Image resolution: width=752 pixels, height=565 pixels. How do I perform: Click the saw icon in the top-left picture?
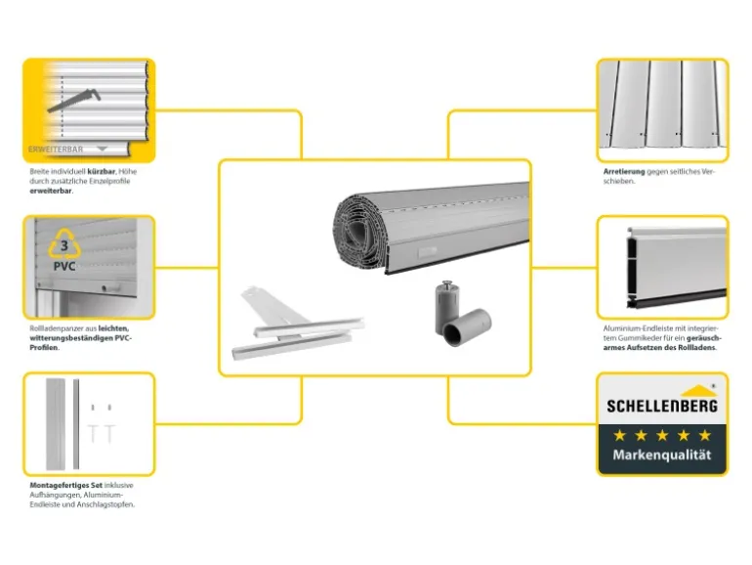pos(74,100)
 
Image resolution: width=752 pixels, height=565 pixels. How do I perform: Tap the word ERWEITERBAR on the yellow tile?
pos(56,150)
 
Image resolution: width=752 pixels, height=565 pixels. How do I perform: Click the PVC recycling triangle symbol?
pos(64,243)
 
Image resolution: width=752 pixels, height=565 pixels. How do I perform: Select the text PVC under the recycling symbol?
pos(64,266)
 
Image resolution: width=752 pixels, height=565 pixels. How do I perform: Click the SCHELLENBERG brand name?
pos(662,406)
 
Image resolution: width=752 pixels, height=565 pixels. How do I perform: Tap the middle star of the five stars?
pos(662,435)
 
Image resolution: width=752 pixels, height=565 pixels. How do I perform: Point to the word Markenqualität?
pos(662,455)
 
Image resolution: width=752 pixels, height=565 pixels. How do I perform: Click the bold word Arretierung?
pos(624,171)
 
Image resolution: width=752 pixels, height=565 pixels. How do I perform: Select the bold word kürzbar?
pos(102,171)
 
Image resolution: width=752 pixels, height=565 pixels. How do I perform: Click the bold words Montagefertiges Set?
pos(66,485)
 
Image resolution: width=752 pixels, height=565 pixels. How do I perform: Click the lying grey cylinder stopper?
pos(466,326)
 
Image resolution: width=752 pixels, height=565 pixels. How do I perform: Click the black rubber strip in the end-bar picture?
pos(677,298)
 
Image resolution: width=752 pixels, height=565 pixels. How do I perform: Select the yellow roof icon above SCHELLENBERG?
pos(698,391)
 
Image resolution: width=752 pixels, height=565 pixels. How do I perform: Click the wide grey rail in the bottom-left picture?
pos(55,424)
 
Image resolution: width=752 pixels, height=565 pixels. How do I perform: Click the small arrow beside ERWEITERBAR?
pos(102,149)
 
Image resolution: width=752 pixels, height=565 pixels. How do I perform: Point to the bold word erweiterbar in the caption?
pos(51,191)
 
